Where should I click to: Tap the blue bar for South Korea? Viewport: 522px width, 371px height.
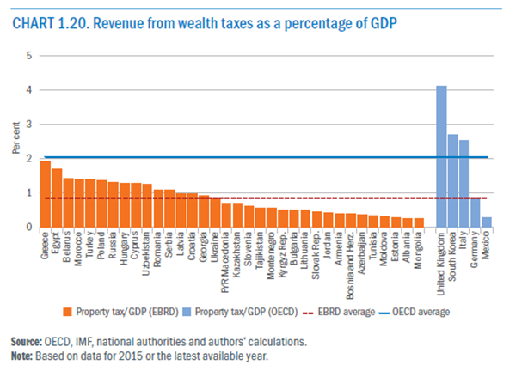(x=452, y=181)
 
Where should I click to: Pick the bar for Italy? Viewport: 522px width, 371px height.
(x=464, y=184)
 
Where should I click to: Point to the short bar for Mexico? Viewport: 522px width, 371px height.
(x=486, y=222)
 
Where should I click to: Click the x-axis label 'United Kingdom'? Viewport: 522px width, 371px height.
(x=441, y=256)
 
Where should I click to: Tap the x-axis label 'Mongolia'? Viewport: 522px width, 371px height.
(x=419, y=250)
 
